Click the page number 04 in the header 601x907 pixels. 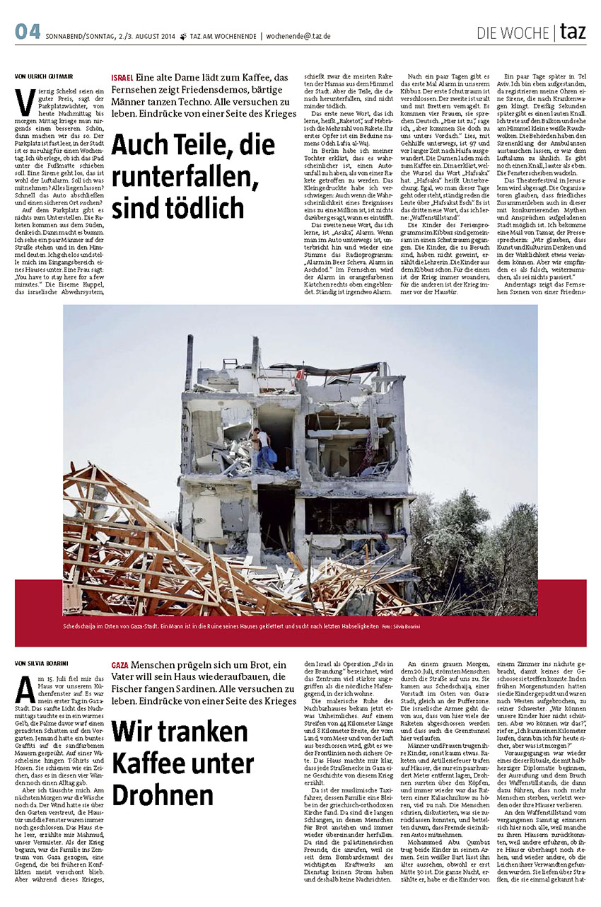tap(27, 32)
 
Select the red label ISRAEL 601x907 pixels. tap(122, 78)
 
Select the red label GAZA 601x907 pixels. tap(120, 666)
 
